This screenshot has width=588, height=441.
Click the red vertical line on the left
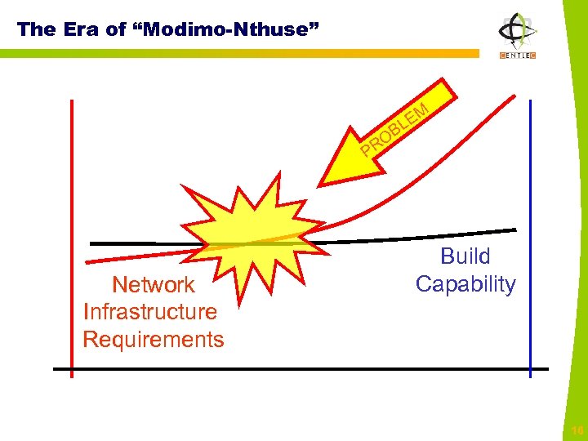72,163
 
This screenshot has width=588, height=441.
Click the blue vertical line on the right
530,163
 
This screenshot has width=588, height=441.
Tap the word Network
154,284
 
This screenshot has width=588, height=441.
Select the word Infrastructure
150,311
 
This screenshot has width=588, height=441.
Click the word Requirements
154,339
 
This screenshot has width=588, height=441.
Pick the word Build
465,256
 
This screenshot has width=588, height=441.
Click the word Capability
465,284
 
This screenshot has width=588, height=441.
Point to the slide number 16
577,430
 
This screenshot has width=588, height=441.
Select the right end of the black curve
514,229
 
